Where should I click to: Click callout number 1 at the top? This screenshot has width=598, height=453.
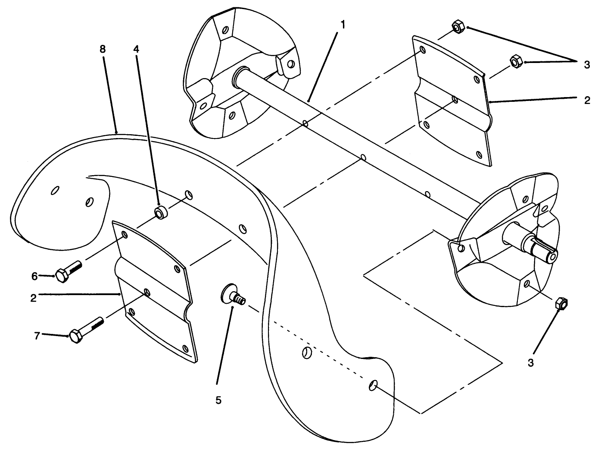(x=343, y=25)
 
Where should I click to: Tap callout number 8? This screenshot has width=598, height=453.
(x=103, y=49)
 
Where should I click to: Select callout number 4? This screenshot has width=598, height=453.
(x=136, y=49)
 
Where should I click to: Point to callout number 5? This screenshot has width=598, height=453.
(x=218, y=400)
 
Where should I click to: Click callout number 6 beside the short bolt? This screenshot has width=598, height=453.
(x=34, y=276)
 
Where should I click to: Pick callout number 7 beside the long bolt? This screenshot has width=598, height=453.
(x=37, y=335)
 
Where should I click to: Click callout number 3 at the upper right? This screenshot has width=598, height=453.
(x=586, y=65)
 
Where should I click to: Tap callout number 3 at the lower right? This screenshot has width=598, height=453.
(x=531, y=363)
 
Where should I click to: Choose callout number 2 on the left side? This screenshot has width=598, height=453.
(x=34, y=298)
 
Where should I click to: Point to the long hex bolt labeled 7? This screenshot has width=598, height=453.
(x=86, y=330)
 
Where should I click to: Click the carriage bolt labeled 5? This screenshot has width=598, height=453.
(x=233, y=296)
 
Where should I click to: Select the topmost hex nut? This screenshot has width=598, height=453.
(x=458, y=28)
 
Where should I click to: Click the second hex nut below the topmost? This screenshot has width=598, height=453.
(x=516, y=61)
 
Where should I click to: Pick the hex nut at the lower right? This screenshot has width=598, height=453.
(x=561, y=304)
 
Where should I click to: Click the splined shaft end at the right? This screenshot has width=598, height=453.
(x=544, y=251)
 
